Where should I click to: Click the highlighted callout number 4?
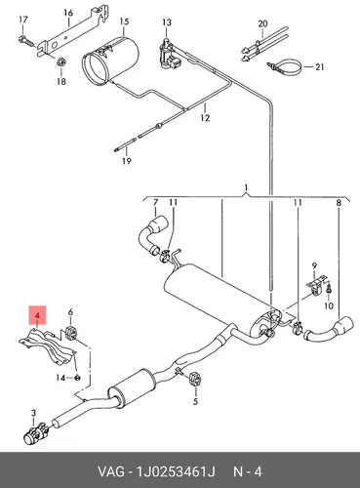pyautogui.click(x=37, y=315)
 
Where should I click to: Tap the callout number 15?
pyautogui.click(x=124, y=21)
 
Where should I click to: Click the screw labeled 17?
pyautogui.click(x=26, y=41)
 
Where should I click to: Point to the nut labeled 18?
pyautogui.click(x=61, y=61)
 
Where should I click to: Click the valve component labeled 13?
pyautogui.click(x=168, y=53)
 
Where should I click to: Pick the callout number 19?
pyautogui.click(x=127, y=161)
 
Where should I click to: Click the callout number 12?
pyautogui.click(x=205, y=117)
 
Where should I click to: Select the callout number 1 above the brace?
pyautogui.click(x=247, y=187)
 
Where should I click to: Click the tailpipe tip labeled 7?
pyautogui.click(x=151, y=236)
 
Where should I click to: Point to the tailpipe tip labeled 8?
pyautogui.click(x=329, y=331)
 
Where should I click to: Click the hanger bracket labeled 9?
pyautogui.click(x=316, y=284)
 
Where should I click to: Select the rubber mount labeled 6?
pyautogui.click(x=71, y=331)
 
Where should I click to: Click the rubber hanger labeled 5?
pyautogui.click(x=195, y=380)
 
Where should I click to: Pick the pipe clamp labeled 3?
pyautogui.click(x=37, y=433)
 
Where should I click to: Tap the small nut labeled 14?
pyautogui.click(x=77, y=378)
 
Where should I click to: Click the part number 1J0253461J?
pyautogui.click(x=176, y=471)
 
